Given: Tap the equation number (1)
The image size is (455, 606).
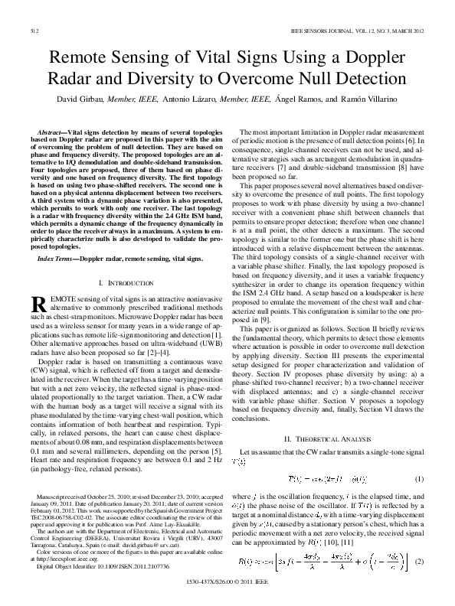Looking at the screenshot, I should coord(419,478).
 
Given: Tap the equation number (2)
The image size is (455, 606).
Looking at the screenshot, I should coord(419,562).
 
